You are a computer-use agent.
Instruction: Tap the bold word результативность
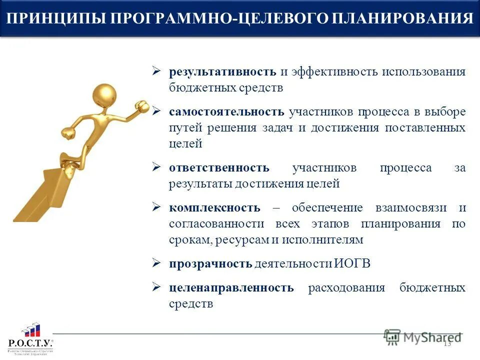(x=222, y=71)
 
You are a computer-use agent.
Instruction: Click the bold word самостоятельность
(x=226, y=111)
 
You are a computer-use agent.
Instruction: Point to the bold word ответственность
(x=219, y=167)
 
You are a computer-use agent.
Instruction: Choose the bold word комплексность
(x=214, y=207)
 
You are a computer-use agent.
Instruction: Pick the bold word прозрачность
(x=210, y=263)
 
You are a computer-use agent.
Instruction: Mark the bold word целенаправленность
(x=231, y=288)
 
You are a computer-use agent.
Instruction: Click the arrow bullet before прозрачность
(x=156, y=262)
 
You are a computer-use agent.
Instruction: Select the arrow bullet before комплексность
(x=156, y=206)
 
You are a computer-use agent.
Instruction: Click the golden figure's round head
(x=104, y=94)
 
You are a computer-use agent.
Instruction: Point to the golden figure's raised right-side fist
(x=141, y=106)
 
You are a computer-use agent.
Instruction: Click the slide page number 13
(x=447, y=343)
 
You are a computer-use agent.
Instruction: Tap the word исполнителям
(x=324, y=239)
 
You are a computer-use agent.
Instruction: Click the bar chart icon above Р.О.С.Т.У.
(x=30, y=330)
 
